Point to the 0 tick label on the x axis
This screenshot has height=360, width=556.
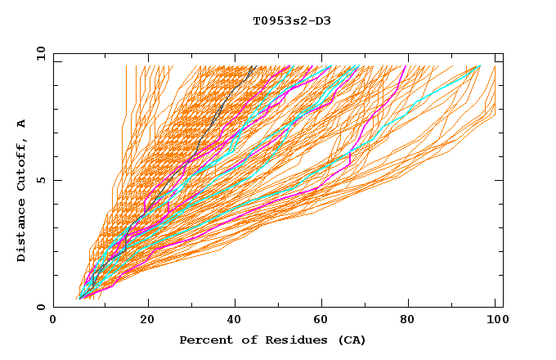click(53, 320)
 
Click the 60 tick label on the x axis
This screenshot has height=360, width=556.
click(325, 320)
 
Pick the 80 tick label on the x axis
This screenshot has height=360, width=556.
click(414, 320)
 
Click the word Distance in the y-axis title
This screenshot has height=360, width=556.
click(22, 232)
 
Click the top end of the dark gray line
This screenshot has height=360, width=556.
click(253, 66)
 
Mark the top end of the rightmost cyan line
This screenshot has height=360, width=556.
click(480, 66)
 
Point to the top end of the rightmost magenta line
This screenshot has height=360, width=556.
click(406, 66)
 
